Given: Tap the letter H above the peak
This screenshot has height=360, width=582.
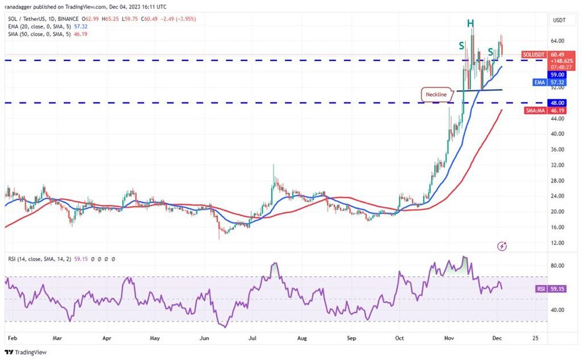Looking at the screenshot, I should (x=471, y=23).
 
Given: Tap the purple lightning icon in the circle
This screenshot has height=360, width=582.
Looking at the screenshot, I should (x=502, y=246).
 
